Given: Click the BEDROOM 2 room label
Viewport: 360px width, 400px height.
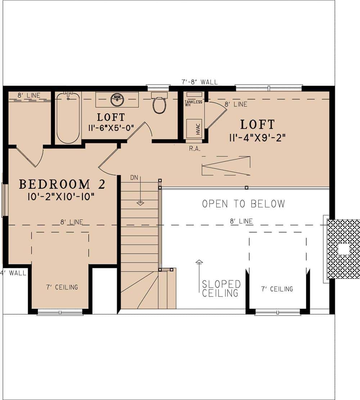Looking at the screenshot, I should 62,185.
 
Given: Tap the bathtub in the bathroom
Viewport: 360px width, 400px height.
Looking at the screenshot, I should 68,118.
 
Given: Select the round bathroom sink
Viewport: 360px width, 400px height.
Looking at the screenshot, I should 117,99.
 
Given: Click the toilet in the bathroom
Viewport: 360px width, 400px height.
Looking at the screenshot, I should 159,104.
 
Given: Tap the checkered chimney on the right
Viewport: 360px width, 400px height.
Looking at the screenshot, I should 343,249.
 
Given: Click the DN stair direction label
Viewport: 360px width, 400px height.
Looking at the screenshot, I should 134,177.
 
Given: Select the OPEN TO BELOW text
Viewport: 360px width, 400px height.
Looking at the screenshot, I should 243,204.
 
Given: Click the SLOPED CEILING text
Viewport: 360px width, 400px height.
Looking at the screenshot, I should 221,288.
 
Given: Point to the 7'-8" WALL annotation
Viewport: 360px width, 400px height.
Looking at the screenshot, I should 200,82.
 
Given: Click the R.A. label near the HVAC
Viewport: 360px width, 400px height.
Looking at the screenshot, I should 194,148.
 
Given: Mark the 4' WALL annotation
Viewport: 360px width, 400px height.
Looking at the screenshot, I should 13,273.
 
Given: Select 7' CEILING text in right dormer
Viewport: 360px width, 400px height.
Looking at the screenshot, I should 277,289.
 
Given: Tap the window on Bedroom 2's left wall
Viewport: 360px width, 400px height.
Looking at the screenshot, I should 4,200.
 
